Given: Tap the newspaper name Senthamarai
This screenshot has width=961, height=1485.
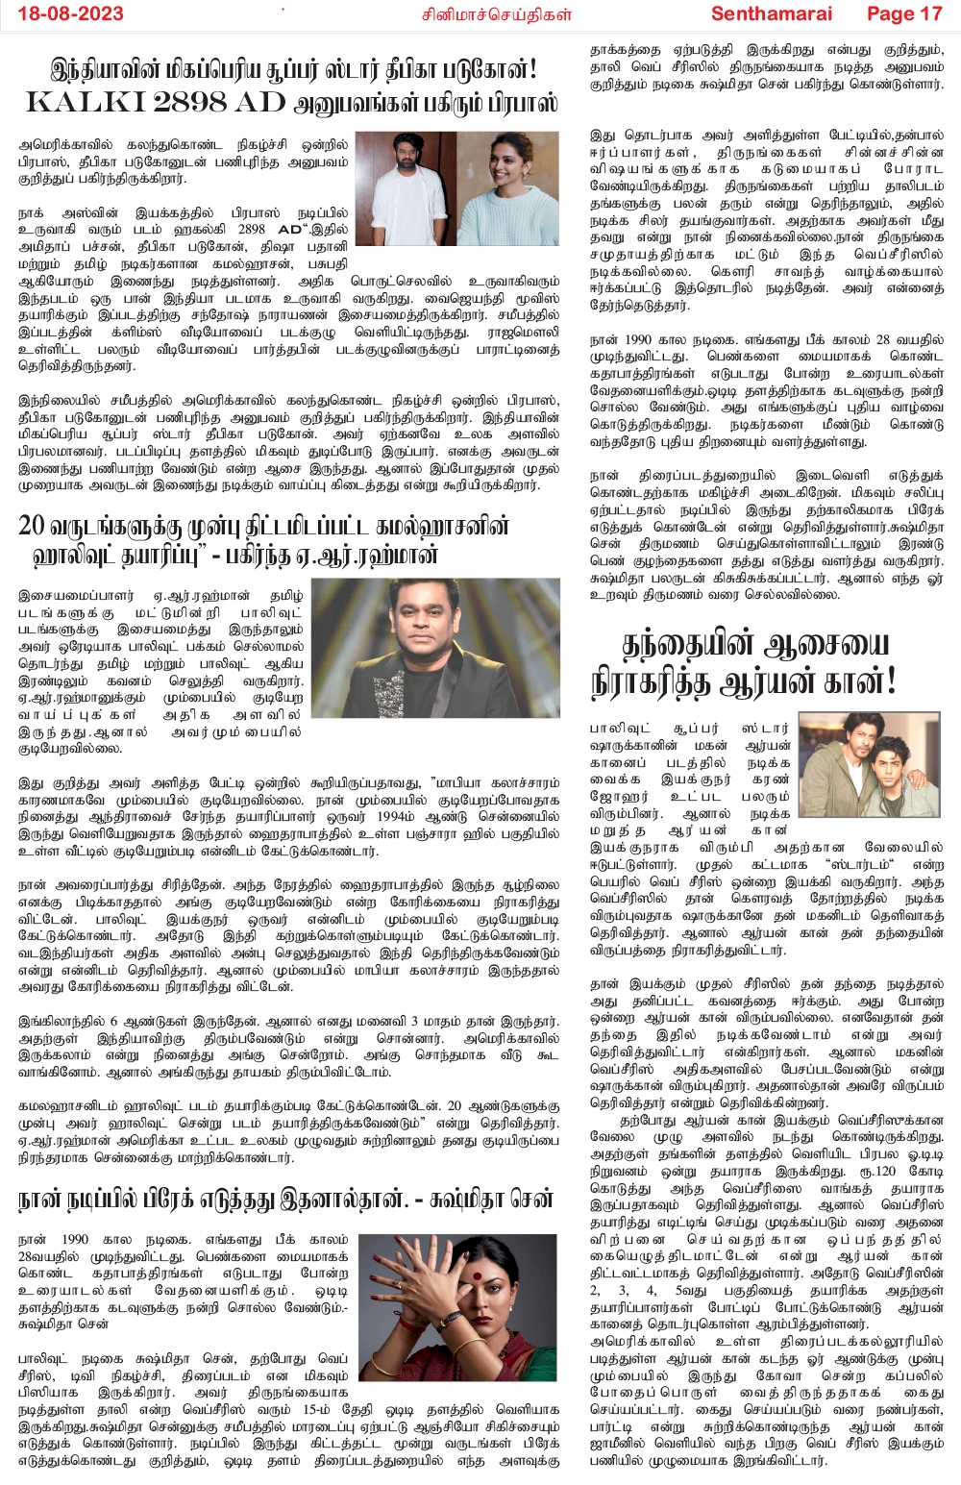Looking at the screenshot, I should (x=772, y=13).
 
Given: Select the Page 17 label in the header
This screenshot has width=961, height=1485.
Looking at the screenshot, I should (x=903, y=13).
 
